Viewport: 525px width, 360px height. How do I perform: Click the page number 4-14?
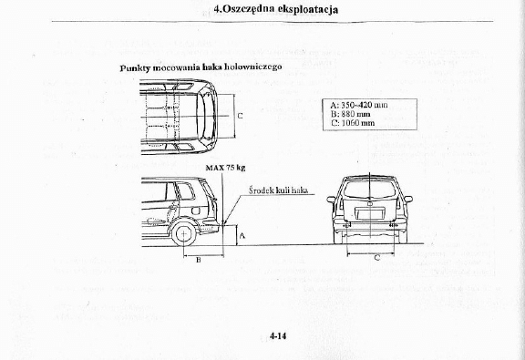[x=278, y=336]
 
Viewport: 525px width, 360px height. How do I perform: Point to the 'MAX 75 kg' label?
[x=225, y=168]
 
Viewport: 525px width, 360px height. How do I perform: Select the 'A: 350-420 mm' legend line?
[x=359, y=105]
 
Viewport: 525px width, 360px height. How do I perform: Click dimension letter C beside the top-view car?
[x=240, y=116]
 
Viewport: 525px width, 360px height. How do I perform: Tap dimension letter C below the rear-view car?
[x=377, y=258]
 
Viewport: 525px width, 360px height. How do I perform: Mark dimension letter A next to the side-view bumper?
[x=241, y=235]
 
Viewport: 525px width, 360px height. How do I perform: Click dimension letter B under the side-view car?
[x=198, y=260]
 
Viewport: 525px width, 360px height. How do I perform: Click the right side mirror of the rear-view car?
[x=407, y=199]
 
